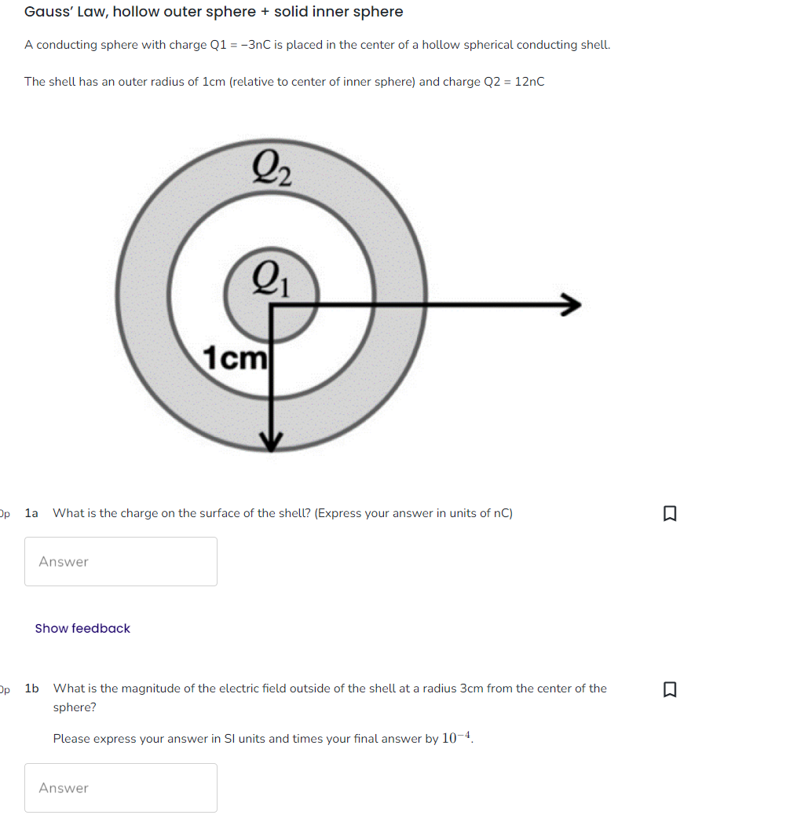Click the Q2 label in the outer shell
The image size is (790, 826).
[272, 168]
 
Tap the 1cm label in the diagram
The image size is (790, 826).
[235, 358]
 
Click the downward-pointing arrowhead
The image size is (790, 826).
[271, 442]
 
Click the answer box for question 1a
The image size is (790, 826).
[121, 561]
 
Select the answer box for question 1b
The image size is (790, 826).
[121, 787]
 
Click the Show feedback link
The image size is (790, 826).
[82, 628]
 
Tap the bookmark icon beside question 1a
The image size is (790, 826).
[669, 514]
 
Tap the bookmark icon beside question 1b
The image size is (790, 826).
[669, 689]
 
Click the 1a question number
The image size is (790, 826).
[31, 513]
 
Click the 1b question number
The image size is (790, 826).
[32, 688]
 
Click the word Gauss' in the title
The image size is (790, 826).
[49, 12]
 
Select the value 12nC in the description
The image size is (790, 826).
[529, 82]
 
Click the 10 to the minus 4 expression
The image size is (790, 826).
[456, 738]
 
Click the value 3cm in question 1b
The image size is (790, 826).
[471, 688]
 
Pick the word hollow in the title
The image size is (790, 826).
[137, 12]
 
